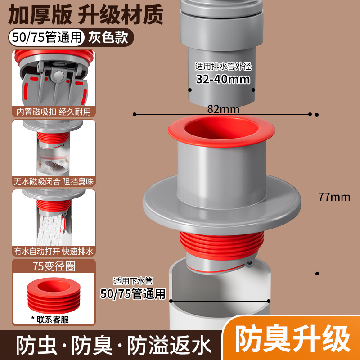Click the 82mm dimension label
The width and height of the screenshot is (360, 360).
click(223, 109)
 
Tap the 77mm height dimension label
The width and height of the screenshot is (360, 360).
click(334, 197)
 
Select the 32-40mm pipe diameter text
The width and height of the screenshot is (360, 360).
click(223, 79)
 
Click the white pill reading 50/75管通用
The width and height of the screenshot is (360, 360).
click(47, 37)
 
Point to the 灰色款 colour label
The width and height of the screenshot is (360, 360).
click(108, 37)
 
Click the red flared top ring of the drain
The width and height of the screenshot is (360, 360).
click(221, 131)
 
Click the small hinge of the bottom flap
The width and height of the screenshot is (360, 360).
click(249, 264)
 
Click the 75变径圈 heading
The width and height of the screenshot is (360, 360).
click(54, 266)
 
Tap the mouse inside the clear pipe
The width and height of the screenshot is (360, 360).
click(54, 165)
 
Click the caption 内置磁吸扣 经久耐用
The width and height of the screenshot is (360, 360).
click(54, 112)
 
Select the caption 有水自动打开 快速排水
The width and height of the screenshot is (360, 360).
click(54, 252)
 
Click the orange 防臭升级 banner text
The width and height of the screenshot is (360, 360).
click(292, 340)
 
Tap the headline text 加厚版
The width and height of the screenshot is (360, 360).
click(40, 15)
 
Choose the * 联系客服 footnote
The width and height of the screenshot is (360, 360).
click(50, 319)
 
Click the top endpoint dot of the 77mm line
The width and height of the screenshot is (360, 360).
click(317, 114)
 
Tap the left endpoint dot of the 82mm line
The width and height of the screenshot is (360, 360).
click(135, 114)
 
